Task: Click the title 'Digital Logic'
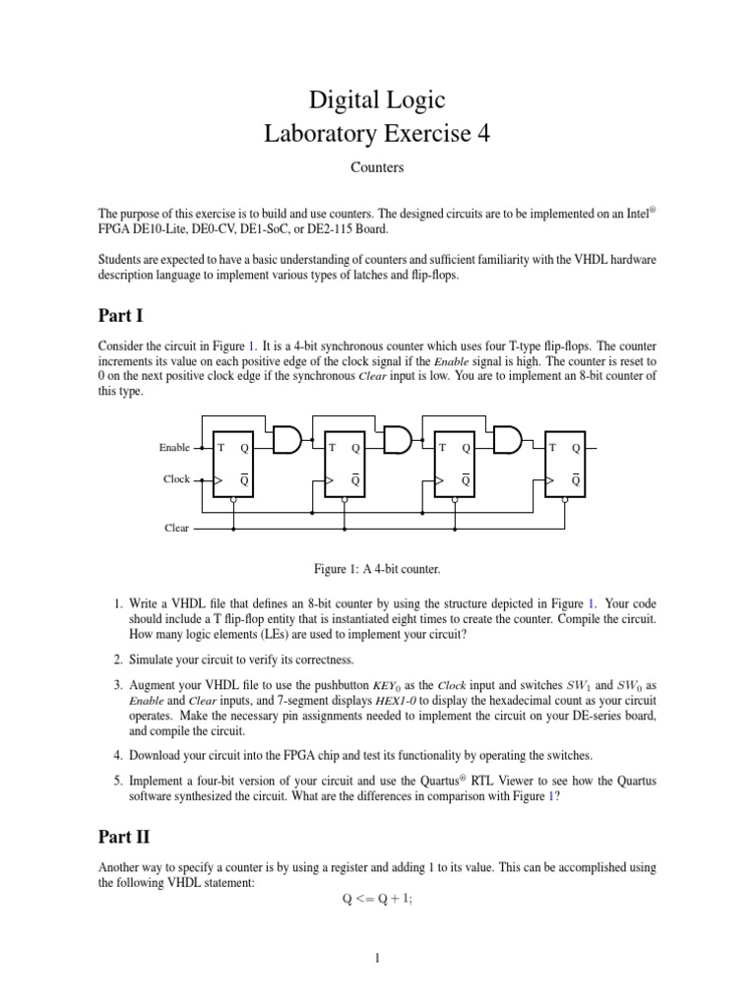378,98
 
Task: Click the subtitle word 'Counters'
378,167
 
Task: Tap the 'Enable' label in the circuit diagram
174,448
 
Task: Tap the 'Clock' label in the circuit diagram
176,479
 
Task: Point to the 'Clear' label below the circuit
176,528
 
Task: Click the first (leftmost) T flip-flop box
233,463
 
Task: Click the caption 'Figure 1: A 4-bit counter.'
378,568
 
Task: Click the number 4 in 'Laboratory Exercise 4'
482,133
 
